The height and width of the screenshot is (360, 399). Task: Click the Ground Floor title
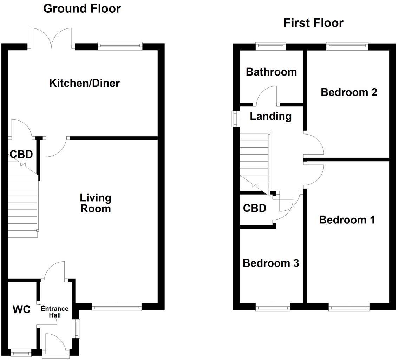(x=82, y=8)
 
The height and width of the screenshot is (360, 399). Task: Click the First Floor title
(x=313, y=23)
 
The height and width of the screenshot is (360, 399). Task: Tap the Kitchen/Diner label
(x=84, y=83)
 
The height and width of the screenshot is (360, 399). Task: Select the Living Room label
(x=96, y=203)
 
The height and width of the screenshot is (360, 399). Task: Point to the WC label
(x=21, y=310)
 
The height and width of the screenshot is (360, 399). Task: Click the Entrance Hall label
(x=55, y=312)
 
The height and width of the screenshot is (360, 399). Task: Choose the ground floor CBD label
(x=21, y=154)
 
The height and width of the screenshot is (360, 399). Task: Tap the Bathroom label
(x=271, y=72)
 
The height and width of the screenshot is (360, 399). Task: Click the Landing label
(x=270, y=116)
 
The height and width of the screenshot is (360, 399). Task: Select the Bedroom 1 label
(x=347, y=220)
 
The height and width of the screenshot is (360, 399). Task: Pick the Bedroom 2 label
(x=349, y=92)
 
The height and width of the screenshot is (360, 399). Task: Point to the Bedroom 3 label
(x=271, y=263)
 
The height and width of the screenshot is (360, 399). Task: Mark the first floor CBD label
(x=255, y=208)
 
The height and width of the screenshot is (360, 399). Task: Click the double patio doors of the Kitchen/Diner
(x=52, y=39)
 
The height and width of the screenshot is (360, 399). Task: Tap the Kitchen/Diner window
(x=120, y=45)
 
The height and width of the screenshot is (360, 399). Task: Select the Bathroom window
(x=270, y=45)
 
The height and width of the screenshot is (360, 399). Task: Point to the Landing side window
(x=234, y=119)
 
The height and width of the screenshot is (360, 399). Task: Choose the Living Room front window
(x=117, y=308)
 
